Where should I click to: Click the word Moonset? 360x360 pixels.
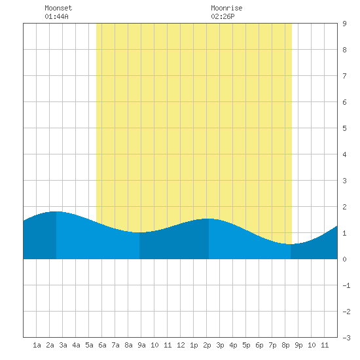point(58,8)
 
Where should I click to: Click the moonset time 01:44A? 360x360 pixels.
point(56,16)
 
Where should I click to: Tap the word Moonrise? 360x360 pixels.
point(226,8)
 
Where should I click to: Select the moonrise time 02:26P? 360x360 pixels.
point(223,16)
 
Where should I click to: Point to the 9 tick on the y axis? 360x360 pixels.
point(344,24)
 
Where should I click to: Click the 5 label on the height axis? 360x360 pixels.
point(344,128)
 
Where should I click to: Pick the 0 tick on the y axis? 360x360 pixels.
point(344,259)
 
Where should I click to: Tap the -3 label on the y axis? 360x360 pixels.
point(346,338)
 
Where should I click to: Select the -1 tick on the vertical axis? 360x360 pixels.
point(346,285)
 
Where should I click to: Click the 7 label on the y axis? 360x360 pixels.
point(344,76)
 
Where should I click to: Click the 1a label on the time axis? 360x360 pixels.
point(37,345)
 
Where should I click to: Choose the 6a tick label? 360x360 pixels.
point(102,345)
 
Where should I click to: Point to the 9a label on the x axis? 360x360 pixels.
point(141,345)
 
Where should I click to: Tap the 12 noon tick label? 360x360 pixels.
point(181,345)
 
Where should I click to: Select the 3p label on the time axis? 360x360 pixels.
point(220,345)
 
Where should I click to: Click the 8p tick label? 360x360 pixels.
point(285,345)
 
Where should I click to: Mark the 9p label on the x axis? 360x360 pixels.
point(298,345)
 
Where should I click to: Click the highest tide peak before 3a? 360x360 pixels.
point(56,211)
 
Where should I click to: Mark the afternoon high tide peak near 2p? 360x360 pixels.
point(209,219)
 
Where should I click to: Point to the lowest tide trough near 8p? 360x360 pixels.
point(291,244)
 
